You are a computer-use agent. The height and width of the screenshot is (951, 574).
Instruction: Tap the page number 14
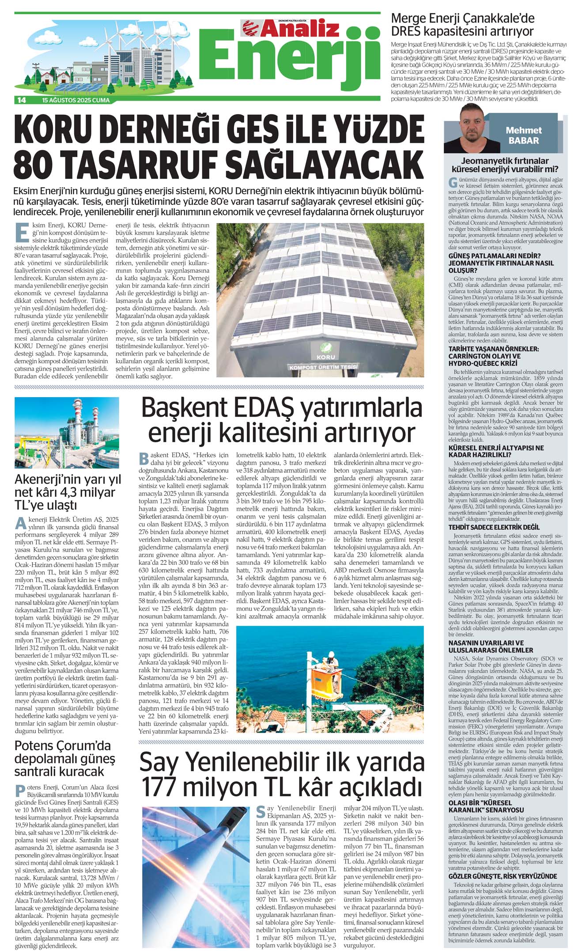tap(21, 100)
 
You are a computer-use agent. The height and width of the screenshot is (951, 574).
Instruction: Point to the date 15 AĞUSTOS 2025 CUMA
tap(76, 100)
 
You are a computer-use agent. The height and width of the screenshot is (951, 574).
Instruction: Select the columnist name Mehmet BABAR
tap(524, 135)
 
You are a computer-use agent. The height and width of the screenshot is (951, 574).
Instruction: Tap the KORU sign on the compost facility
tap(325, 357)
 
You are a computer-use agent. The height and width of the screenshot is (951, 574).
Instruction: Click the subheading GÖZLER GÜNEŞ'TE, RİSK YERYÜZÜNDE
tap(502, 876)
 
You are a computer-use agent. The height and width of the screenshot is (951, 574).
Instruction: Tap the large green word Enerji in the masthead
tap(291, 62)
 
